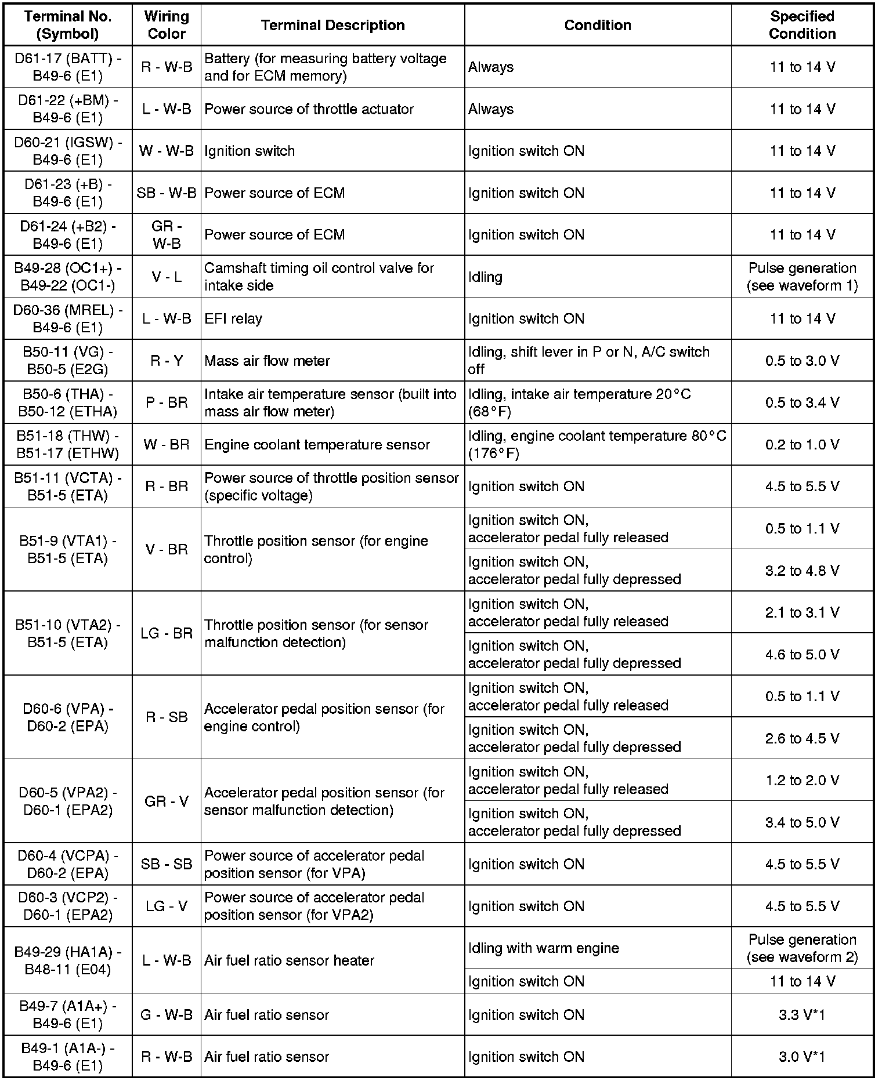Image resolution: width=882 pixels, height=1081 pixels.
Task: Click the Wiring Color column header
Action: (x=167, y=25)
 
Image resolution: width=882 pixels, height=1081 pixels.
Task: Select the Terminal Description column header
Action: (x=332, y=25)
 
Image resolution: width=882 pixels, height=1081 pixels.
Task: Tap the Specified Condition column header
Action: (x=802, y=25)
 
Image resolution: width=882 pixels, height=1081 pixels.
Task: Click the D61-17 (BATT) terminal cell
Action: (x=68, y=67)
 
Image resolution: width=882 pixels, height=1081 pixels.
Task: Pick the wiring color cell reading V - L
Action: (x=167, y=277)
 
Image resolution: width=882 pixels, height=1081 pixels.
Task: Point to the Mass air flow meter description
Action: (x=267, y=361)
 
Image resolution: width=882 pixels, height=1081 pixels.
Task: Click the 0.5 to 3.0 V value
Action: (x=802, y=361)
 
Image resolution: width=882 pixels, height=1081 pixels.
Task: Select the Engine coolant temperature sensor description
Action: (x=317, y=445)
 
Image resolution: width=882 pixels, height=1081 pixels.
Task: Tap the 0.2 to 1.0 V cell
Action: (x=802, y=445)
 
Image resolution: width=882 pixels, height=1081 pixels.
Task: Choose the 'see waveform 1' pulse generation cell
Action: (x=802, y=277)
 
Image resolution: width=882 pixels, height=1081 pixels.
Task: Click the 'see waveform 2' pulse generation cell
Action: (x=802, y=948)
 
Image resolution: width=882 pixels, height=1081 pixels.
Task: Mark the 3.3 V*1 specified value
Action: (x=802, y=1015)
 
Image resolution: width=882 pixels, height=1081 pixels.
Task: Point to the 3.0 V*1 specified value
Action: (x=802, y=1057)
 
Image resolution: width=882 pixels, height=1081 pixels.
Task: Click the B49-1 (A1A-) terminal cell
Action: (x=68, y=1057)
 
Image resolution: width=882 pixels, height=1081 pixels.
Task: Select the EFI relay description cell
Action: (x=233, y=318)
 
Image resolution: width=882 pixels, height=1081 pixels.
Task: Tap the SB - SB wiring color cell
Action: (x=167, y=864)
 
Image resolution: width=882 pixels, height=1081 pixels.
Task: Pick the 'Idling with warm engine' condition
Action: (x=544, y=948)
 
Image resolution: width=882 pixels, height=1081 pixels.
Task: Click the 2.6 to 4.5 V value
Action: (x=802, y=738)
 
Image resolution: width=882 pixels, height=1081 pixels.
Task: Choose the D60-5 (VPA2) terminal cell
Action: (x=68, y=801)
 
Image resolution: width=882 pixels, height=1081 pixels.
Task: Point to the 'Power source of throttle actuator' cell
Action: (x=309, y=109)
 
